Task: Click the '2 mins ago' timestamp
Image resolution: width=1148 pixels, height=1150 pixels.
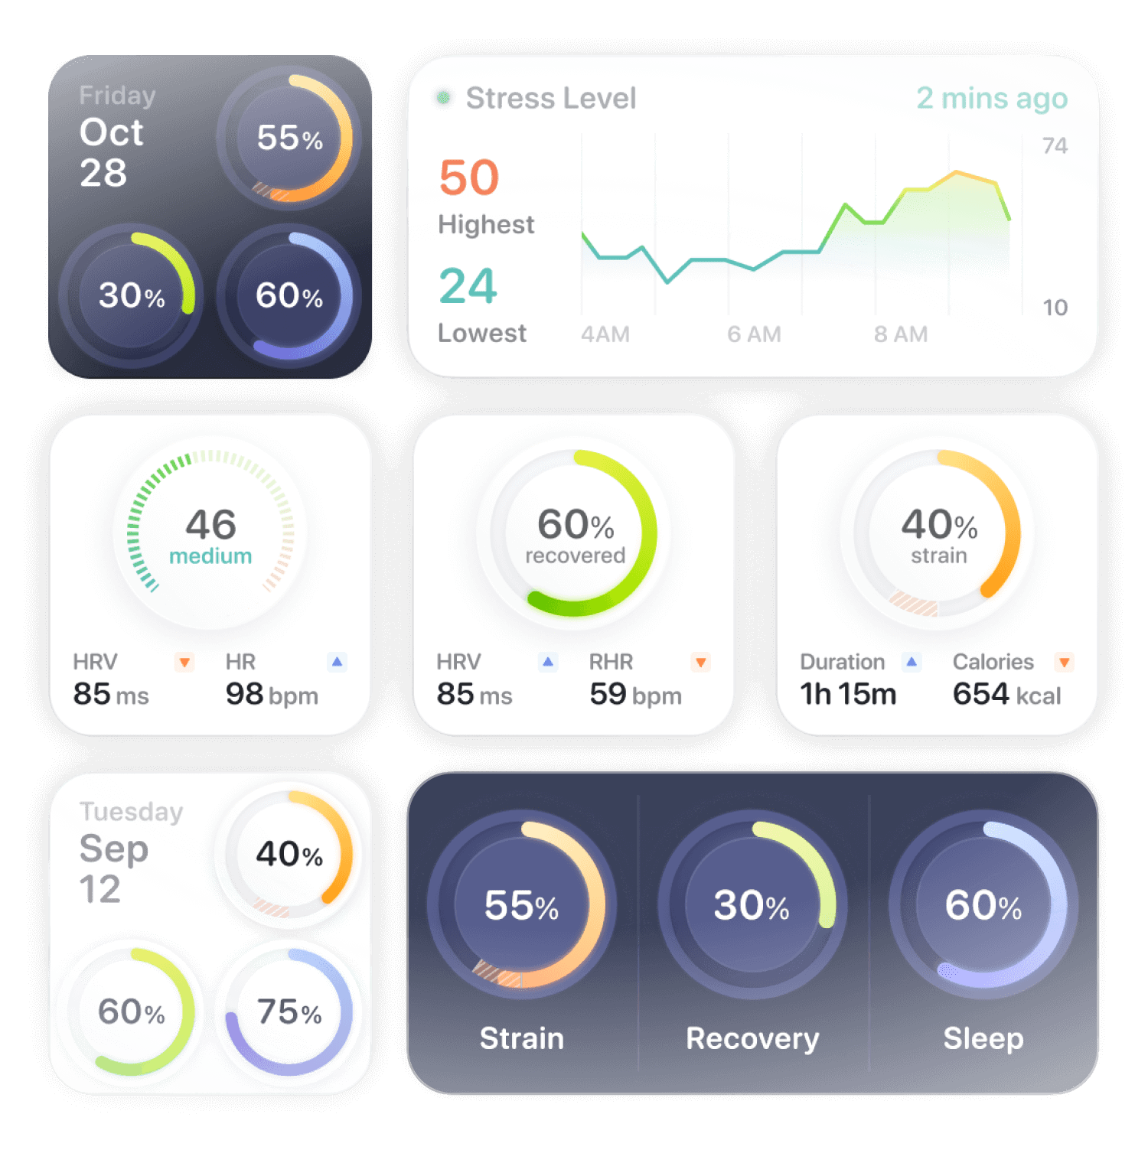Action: [x=991, y=99]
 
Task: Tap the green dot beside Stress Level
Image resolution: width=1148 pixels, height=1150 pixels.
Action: [x=442, y=97]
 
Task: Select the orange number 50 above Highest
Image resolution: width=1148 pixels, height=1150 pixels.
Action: [x=468, y=178]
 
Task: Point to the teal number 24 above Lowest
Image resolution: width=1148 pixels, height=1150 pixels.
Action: [x=468, y=286]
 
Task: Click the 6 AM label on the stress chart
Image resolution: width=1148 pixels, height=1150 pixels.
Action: [x=754, y=334]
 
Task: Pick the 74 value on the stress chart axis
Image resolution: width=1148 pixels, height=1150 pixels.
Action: [x=1055, y=145]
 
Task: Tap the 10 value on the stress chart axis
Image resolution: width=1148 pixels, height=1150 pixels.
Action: [x=1055, y=308]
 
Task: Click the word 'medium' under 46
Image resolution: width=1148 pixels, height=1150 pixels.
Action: [x=210, y=556]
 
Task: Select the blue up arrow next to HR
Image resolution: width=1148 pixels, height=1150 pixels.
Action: [x=337, y=661]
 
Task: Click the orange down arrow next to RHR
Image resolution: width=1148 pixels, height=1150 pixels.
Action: [x=700, y=662]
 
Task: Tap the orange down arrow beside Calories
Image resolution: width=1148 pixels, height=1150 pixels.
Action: [x=1064, y=662]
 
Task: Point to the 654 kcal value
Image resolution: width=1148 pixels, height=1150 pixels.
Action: [x=1006, y=694]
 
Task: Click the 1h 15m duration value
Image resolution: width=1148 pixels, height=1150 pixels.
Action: [x=848, y=694]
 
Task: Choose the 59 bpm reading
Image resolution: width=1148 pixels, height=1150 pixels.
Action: [x=635, y=694]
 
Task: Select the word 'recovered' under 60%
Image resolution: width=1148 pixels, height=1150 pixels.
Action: [x=575, y=555]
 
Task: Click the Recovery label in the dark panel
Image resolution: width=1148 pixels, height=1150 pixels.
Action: [x=752, y=1038]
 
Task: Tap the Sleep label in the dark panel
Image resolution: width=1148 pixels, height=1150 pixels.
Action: [x=983, y=1038]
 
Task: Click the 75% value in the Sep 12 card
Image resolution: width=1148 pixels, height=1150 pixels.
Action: [x=289, y=1012]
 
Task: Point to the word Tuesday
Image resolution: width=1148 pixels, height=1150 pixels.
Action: [x=131, y=811]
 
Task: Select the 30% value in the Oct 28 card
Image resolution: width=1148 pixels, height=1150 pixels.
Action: [x=132, y=295]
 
